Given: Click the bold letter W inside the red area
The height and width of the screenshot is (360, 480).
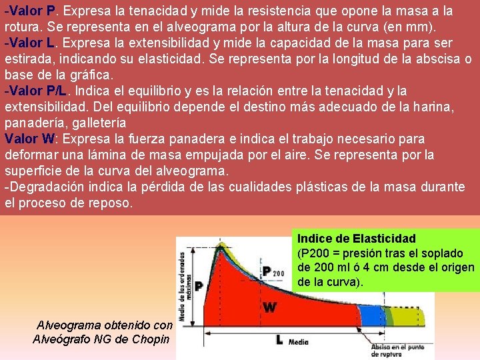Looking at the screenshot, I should click(270, 308).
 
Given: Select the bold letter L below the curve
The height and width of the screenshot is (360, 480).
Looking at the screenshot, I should click(279, 339).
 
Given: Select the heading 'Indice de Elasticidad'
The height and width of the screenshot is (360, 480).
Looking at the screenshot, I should click(356, 239).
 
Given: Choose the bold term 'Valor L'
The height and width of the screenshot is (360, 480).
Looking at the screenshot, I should click(33, 43).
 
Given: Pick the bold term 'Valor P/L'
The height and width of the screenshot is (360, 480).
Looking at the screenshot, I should click(39, 91).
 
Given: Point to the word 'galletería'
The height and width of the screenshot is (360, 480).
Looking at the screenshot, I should click(97, 123).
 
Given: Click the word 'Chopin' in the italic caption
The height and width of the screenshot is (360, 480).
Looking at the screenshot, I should click(152, 339).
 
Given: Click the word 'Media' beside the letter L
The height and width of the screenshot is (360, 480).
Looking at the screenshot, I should click(299, 342).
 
